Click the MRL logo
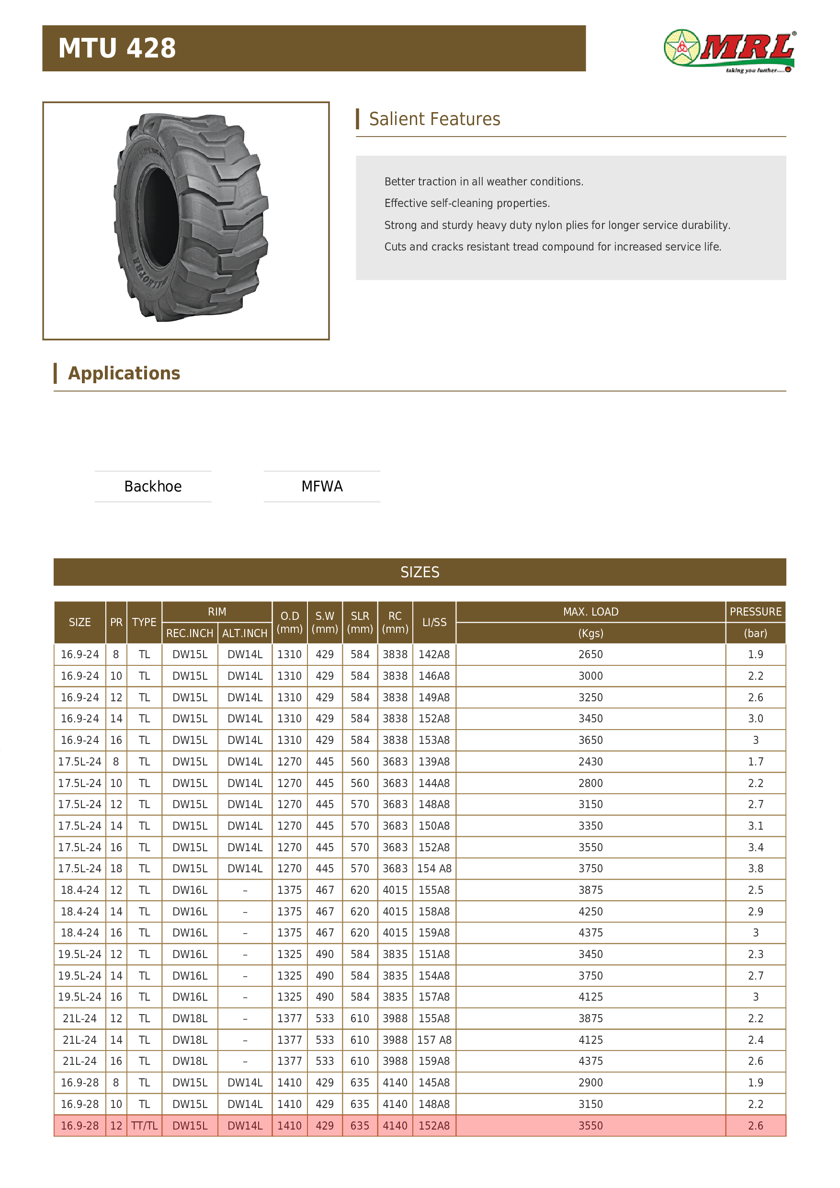(729, 51)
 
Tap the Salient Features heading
(434, 119)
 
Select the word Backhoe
(153, 486)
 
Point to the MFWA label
(322, 486)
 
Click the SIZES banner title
(420, 572)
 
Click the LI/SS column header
(434, 622)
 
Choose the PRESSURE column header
(755, 612)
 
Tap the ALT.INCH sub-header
(245, 633)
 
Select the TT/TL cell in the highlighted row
(144, 1125)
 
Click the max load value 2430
(590, 762)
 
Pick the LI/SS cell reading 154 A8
(434, 869)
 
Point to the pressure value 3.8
(755, 869)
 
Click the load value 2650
(590, 654)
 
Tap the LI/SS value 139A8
(434, 762)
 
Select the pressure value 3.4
(755, 847)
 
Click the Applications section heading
(124, 373)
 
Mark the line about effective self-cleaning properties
(466, 203)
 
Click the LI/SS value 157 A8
(434, 1040)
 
